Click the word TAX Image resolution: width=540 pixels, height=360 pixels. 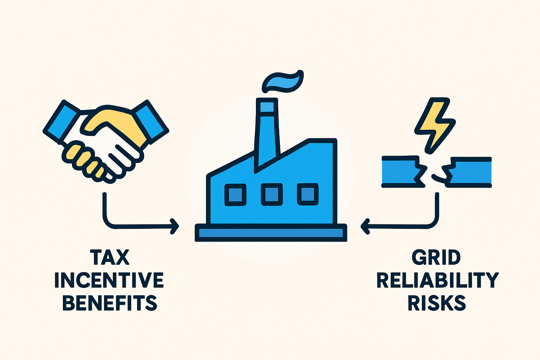[x=110, y=258]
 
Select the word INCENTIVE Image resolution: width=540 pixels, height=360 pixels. [x=109, y=280]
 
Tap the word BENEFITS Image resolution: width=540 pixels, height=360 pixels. [x=110, y=303]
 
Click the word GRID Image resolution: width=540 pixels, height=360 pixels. [x=436, y=257]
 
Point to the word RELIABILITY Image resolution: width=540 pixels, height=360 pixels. [x=438, y=280]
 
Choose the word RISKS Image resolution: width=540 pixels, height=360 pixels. [x=437, y=303]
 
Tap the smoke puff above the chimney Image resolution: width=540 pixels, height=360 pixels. [x=283, y=82]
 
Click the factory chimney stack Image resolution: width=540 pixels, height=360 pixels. [x=267, y=135]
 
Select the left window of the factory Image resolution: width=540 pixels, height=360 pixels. [x=235, y=195]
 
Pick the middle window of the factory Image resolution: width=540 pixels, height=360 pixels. [x=272, y=194]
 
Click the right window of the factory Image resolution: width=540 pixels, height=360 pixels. [x=308, y=194]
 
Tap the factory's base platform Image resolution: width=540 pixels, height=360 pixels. [x=271, y=233]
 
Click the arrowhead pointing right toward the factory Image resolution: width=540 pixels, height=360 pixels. [x=175, y=226]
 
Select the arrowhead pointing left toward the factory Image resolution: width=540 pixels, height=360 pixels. [x=365, y=226]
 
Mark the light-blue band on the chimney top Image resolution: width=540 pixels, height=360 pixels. [x=267, y=107]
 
